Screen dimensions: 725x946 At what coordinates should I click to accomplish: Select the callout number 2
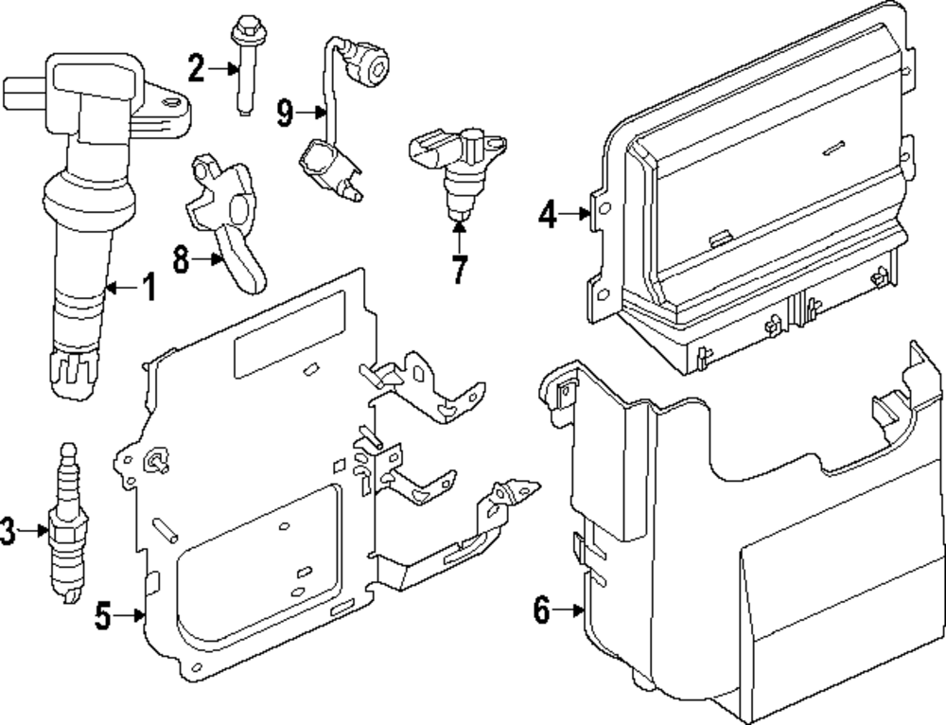point(196,67)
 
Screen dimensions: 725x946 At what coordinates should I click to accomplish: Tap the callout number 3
point(9,532)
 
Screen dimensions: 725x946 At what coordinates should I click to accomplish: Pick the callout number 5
point(105,616)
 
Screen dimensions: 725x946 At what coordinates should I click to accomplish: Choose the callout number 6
point(541,611)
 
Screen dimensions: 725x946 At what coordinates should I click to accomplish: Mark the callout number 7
point(459,270)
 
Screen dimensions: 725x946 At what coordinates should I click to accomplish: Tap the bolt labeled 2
point(244,66)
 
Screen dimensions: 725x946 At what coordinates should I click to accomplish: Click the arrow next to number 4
point(575,215)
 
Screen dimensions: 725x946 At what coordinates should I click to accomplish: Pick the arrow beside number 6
point(569,611)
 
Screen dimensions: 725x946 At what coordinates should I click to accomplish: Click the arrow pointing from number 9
point(310,115)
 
